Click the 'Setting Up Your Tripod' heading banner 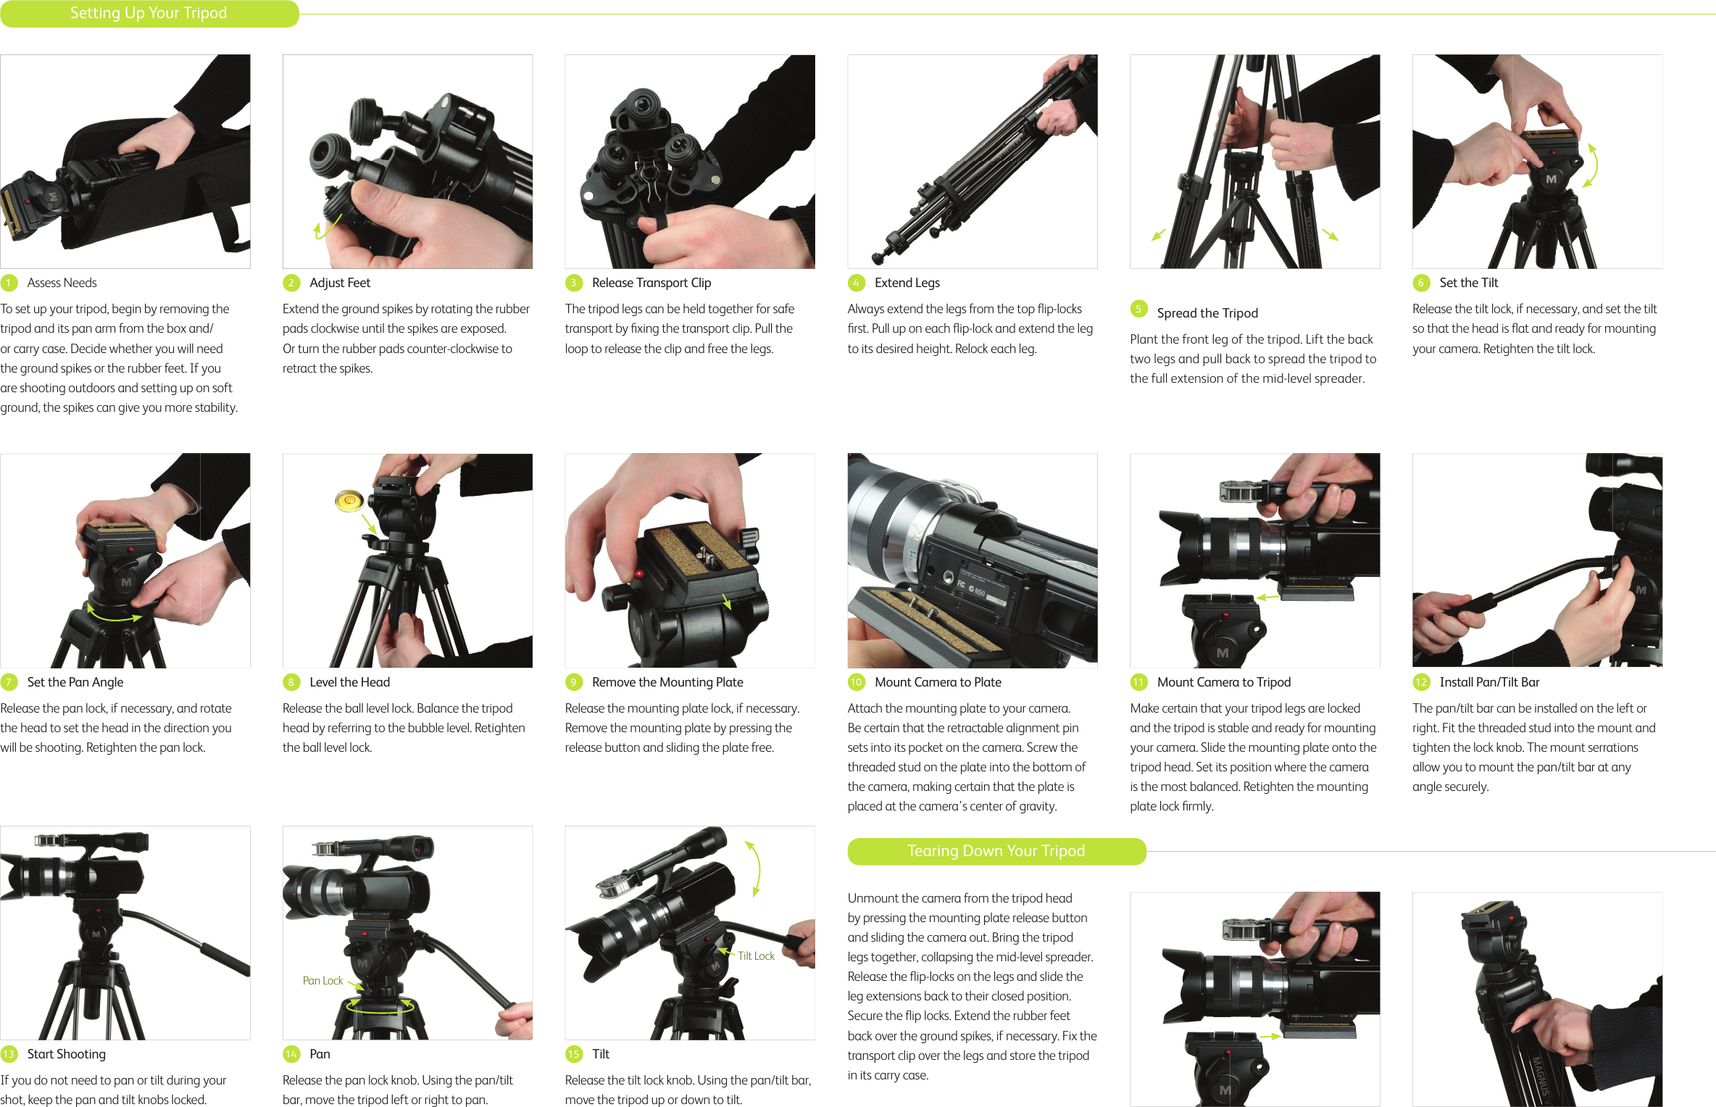[x=149, y=14]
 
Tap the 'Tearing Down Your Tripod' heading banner [x=996, y=851]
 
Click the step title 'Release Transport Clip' [x=651, y=283]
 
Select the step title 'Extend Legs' [x=907, y=283]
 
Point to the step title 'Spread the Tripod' [x=1207, y=313]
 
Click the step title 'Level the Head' [x=349, y=682]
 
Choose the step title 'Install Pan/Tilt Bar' [x=1489, y=682]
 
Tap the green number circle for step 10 [x=856, y=682]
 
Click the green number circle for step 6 [x=1420, y=283]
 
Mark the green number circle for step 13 [x=9, y=1054]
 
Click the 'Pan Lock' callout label [x=322, y=981]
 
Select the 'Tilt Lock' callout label [x=756, y=956]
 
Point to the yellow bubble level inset [x=349, y=500]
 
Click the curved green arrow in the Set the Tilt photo [x=1591, y=165]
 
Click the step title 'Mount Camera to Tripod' [x=1224, y=682]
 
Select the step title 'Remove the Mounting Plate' [x=667, y=682]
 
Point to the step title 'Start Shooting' [x=66, y=1054]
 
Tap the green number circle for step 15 [x=573, y=1054]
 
